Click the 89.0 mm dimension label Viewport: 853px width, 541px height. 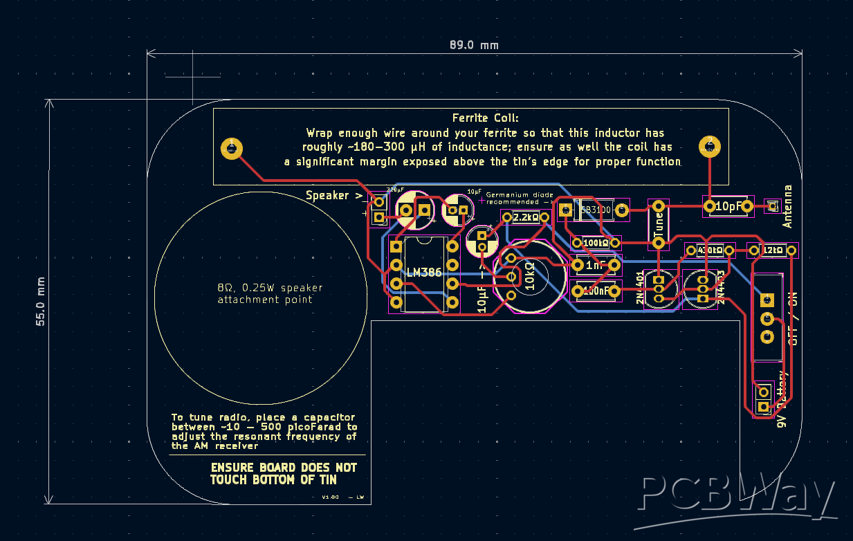point(474,46)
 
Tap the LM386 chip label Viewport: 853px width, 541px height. point(424,273)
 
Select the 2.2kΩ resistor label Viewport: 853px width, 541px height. point(526,218)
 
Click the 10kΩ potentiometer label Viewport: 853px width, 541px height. point(530,276)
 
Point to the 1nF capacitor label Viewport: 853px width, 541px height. point(594,266)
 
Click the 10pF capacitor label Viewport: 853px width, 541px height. point(728,206)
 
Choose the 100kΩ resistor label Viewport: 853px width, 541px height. point(595,244)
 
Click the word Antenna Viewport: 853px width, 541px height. point(787,206)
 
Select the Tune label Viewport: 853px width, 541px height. point(659,224)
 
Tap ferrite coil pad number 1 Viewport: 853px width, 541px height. point(231,147)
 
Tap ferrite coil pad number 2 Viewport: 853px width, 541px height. point(710,145)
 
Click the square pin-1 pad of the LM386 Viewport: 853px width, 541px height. point(396,246)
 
